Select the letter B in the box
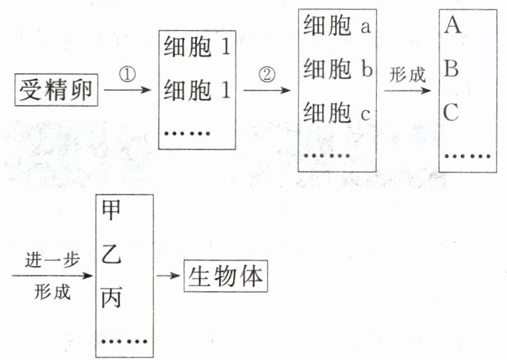[452, 69]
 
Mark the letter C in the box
[452, 113]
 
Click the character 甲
[112, 211]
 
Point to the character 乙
[112, 255]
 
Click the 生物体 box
[225, 277]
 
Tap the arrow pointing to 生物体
[169, 277]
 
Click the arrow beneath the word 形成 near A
[408, 90]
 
